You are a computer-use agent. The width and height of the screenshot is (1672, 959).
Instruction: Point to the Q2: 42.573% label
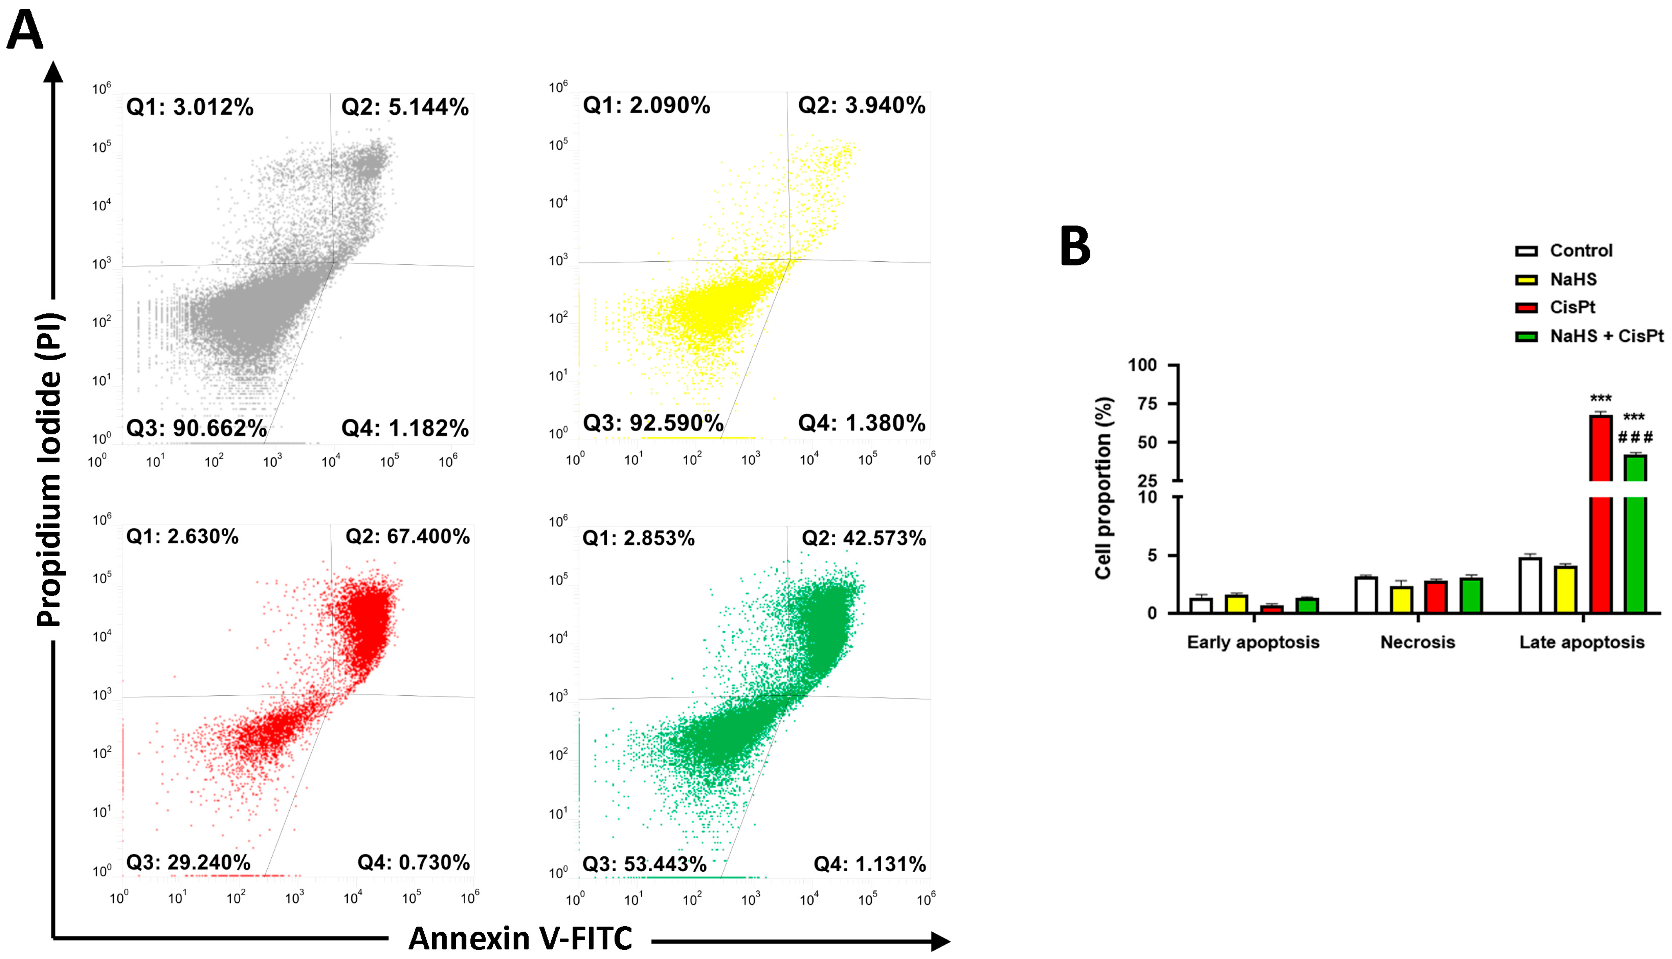pos(864,539)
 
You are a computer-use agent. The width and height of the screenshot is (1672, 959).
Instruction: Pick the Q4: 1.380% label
pos(862,423)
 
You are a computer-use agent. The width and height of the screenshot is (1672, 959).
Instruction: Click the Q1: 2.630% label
pos(182,537)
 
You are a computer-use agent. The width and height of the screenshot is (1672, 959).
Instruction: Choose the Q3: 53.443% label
pos(644,864)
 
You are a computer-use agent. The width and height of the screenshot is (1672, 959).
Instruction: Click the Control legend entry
pos(1581,251)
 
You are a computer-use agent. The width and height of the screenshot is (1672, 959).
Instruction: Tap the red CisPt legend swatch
pos(1526,308)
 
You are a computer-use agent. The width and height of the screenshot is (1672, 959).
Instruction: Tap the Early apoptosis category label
pos(1253,642)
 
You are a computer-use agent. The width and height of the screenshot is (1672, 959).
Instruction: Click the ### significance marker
pos(1635,437)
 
